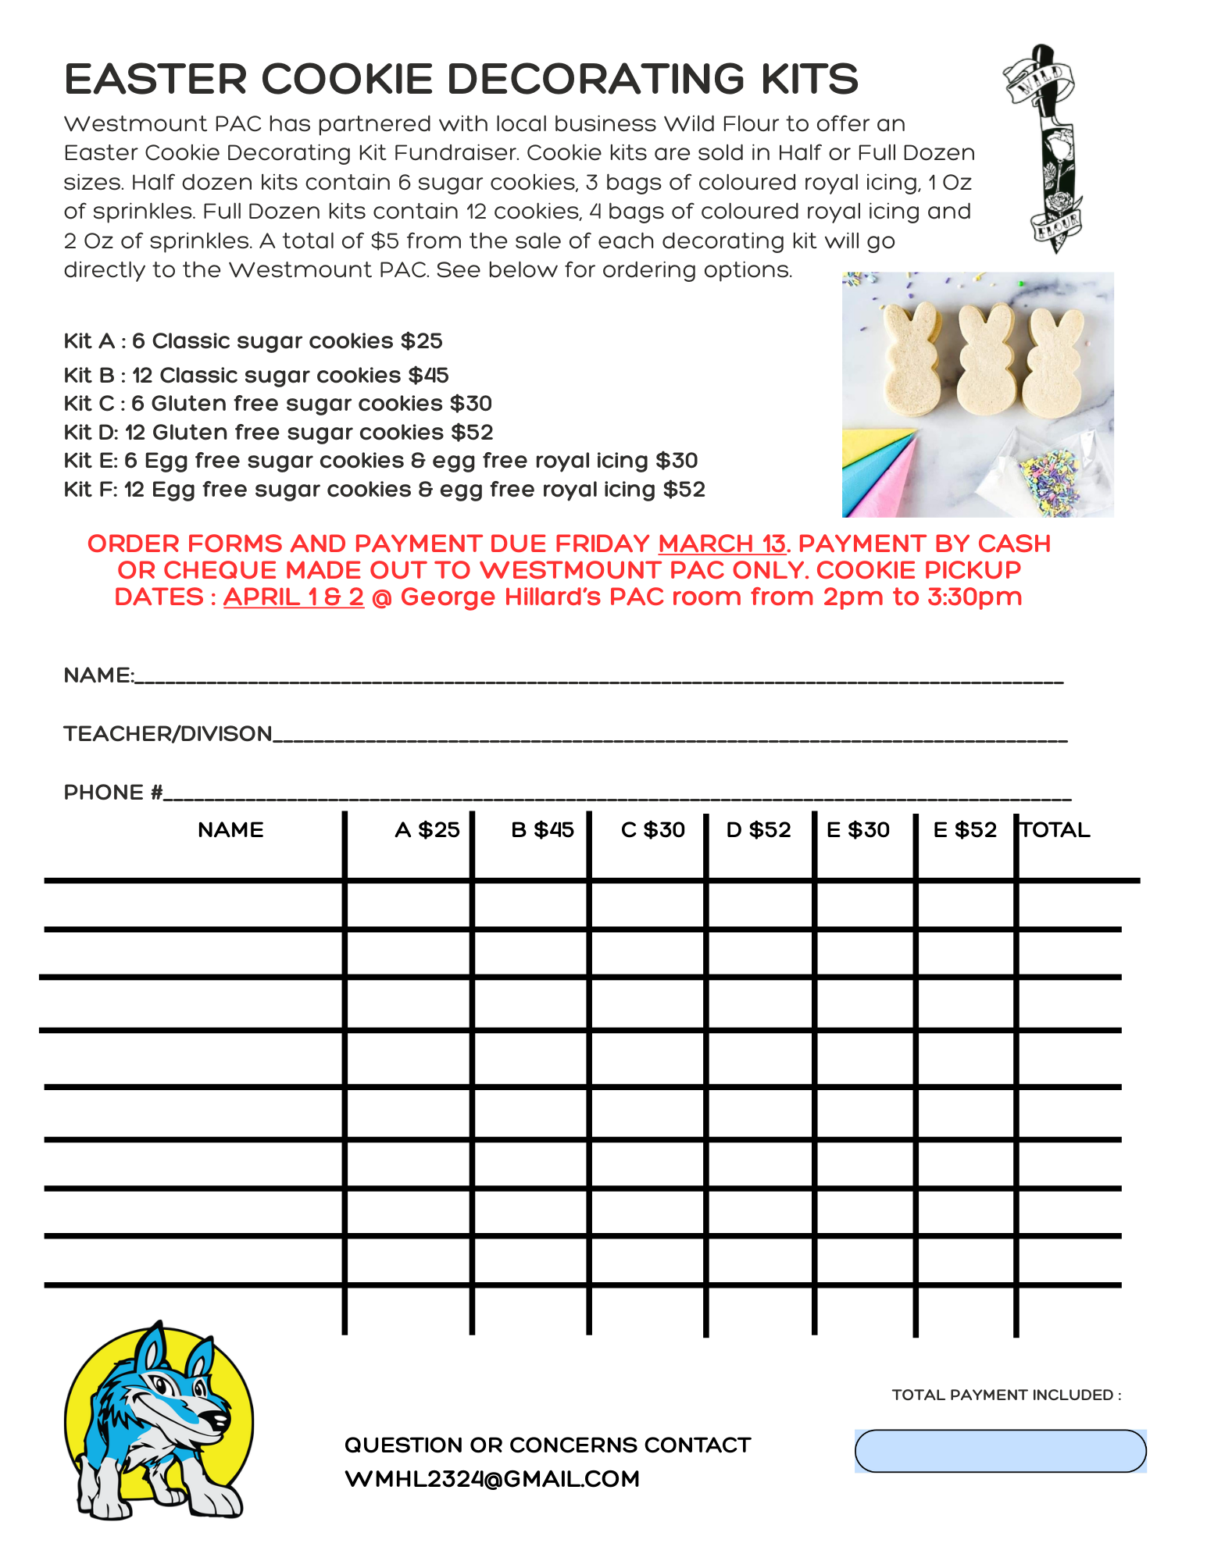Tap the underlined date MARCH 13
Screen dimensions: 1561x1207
[722, 543]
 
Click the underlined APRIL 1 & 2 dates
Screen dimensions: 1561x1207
[294, 597]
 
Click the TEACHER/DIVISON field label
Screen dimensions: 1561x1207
[168, 734]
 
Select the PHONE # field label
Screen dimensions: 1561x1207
[113, 793]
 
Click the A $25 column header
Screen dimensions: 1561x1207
[427, 830]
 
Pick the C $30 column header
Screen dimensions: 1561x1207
[652, 830]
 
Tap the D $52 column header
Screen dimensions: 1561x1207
[759, 830]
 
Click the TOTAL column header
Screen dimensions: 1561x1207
[1055, 830]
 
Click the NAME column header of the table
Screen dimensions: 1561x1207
[230, 830]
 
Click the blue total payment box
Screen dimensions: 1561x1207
[1000, 1452]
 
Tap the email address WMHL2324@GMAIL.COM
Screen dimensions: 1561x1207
[492, 1480]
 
